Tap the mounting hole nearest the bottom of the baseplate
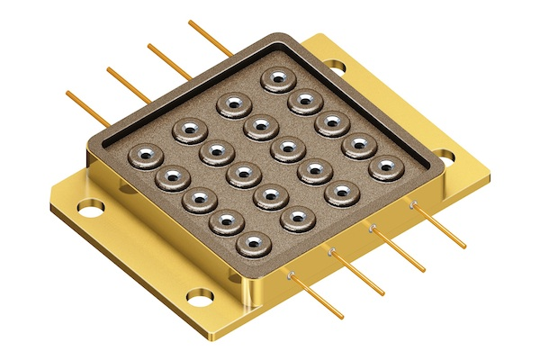click(201, 295)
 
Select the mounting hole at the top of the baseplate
click(335, 66)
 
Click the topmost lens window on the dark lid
click(278, 78)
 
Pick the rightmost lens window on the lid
click(386, 166)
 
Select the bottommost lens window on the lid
click(253, 244)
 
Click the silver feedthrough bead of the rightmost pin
click(412, 205)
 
